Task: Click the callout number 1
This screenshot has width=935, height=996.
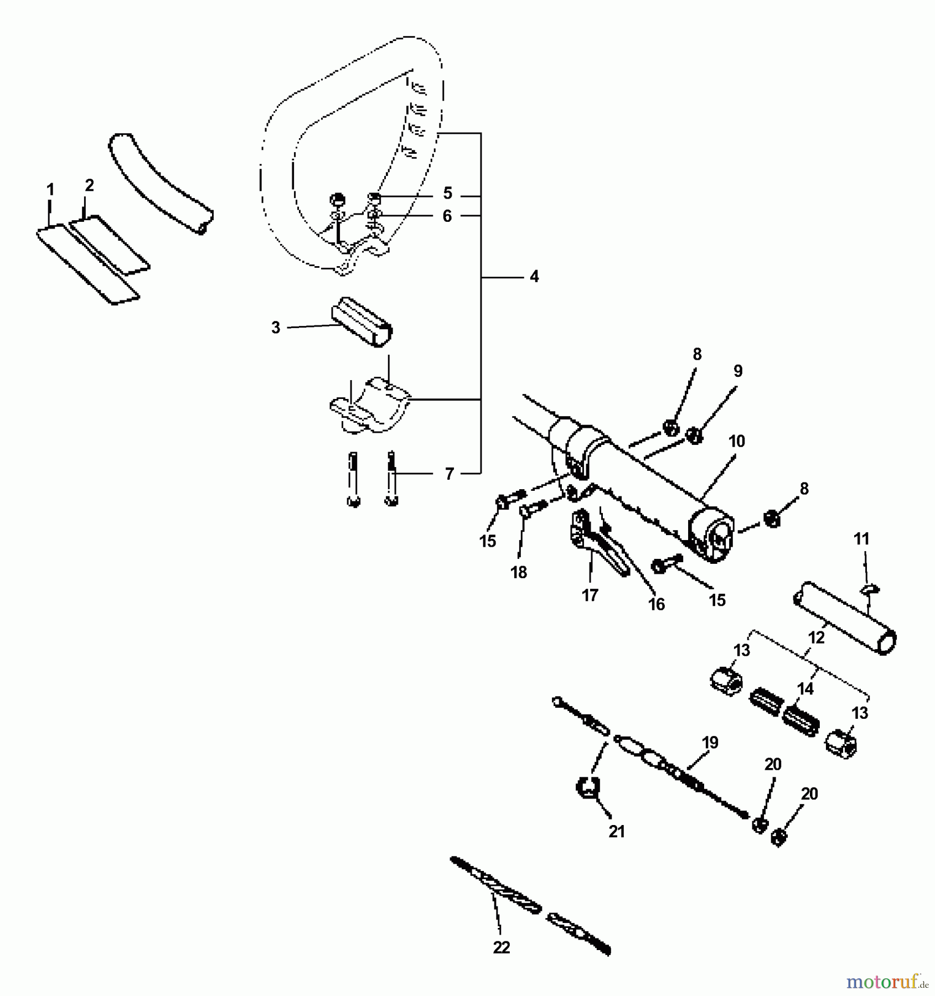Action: [50, 190]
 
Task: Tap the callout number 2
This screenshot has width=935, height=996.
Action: [89, 186]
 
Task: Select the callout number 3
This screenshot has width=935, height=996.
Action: [276, 328]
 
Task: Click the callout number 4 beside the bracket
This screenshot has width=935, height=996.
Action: [534, 276]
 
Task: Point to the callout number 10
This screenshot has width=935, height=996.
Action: [737, 442]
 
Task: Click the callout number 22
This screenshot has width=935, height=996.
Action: [501, 947]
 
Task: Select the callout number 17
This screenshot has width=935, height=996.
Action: [590, 595]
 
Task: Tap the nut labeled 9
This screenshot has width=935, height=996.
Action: [694, 436]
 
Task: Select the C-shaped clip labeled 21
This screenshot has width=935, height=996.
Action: [589, 788]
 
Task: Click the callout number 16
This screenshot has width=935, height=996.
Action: [656, 605]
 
